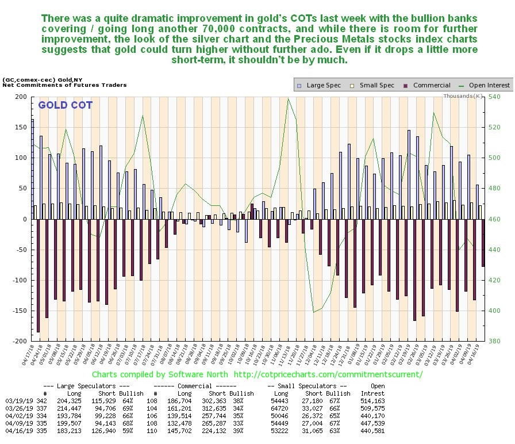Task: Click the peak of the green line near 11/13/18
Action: [288, 99]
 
